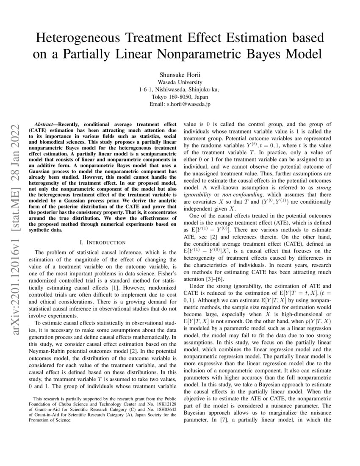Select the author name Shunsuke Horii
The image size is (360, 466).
180,74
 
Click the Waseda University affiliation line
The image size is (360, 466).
180,82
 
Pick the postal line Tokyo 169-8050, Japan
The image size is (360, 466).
180,97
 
